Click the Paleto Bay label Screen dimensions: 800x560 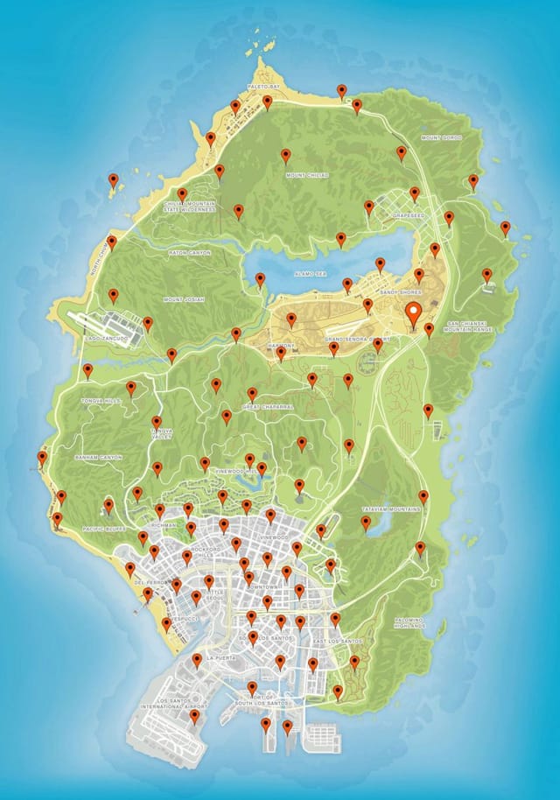[x=263, y=88]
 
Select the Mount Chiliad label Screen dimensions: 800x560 [x=307, y=175]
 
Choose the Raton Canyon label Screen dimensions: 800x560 [x=190, y=253]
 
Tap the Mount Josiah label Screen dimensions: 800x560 [x=183, y=299]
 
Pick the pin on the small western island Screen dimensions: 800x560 [x=113, y=181]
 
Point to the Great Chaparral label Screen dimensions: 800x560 [x=266, y=407]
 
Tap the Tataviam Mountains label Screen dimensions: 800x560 [x=391, y=508]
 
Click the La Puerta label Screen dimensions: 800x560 [x=220, y=658]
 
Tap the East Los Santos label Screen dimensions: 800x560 [x=338, y=642]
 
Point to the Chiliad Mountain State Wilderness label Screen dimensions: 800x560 [x=189, y=207]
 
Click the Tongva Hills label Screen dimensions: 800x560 [x=98, y=401]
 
